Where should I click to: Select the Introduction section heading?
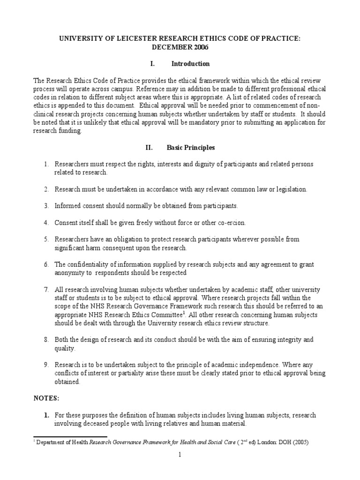point(190,63)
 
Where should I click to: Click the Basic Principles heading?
point(191,147)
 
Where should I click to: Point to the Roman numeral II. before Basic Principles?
point(150,147)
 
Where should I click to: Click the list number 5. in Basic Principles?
point(46,239)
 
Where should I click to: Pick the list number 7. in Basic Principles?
point(46,290)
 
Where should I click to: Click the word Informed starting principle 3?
point(69,206)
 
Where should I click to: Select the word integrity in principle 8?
point(285,339)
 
